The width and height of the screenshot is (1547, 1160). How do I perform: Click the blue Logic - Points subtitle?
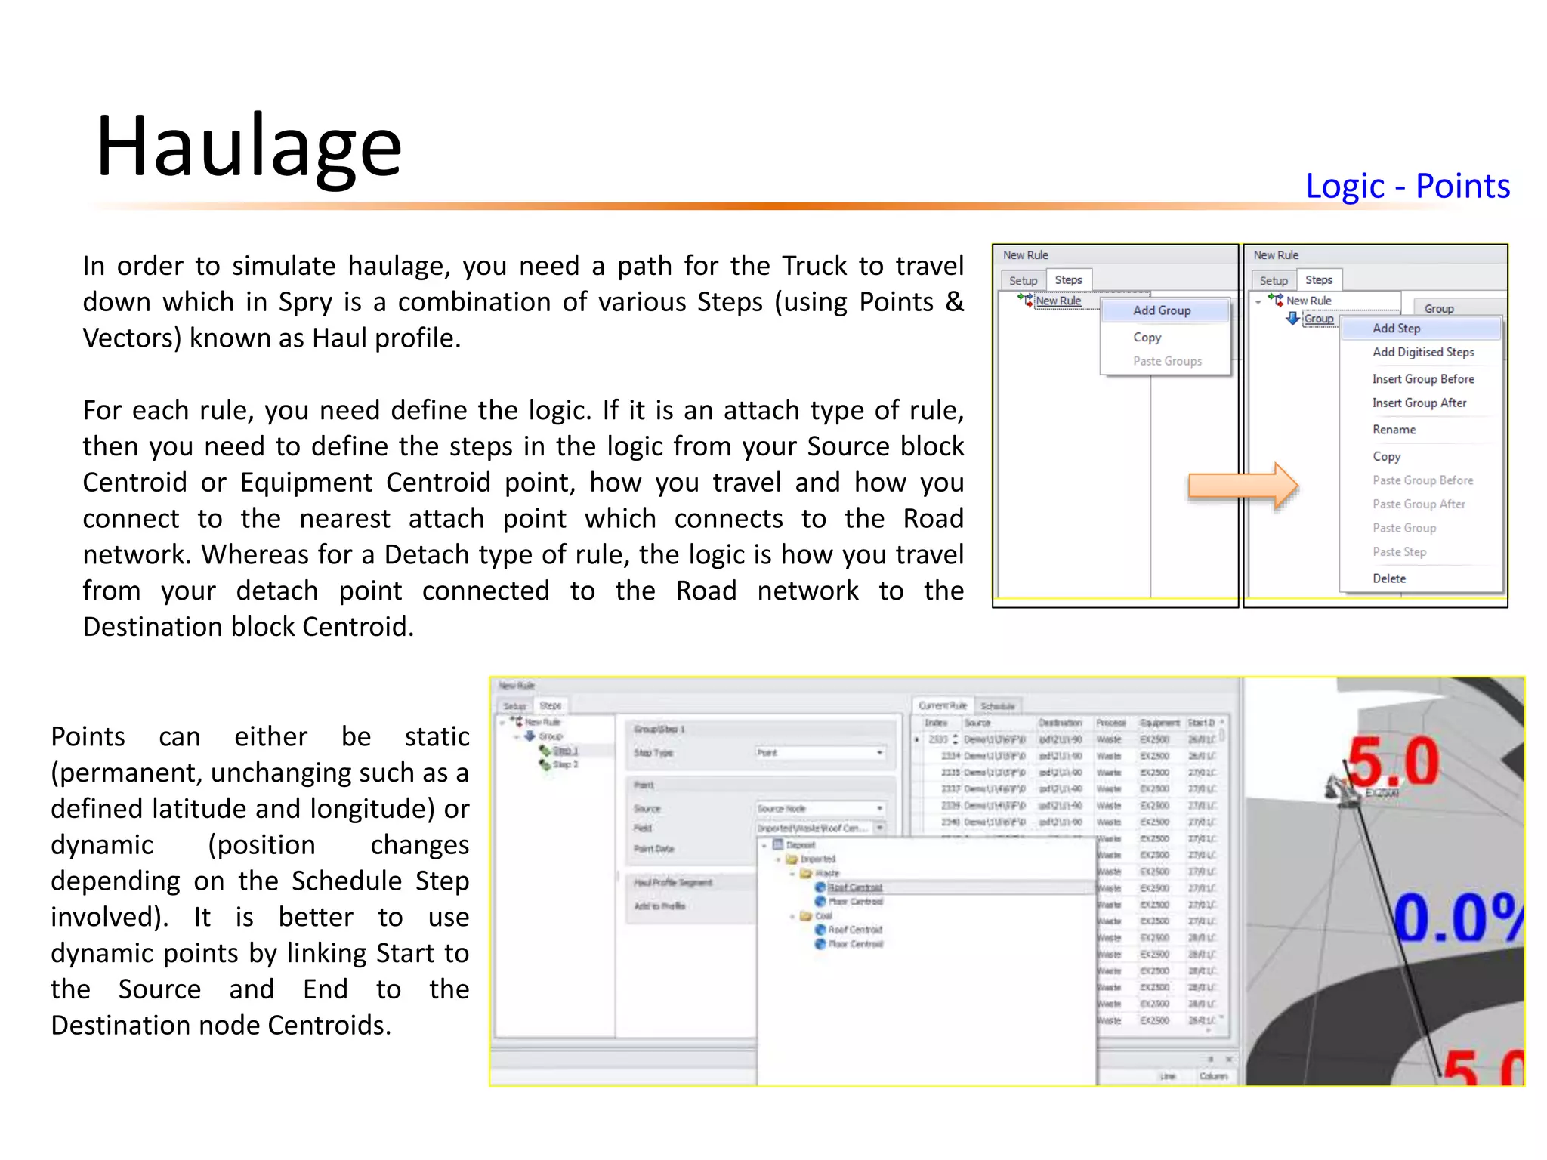tap(1407, 186)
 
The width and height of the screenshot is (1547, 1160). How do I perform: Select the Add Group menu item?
tap(1162, 310)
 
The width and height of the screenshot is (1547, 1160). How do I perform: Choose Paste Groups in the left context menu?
tap(1167, 361)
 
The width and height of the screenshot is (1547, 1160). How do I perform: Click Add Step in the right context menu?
tap(1396, 329)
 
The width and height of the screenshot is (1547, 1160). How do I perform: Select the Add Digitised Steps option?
tap(1423, 352)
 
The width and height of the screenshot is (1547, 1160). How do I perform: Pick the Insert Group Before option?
tap(1423, 379)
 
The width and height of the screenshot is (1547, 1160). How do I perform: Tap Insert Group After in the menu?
tap(1419, 403)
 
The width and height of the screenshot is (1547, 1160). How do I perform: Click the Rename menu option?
tap(1394, 430)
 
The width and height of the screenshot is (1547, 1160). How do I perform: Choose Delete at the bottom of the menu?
tap(1389, 578)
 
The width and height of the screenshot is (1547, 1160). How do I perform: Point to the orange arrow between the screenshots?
tap(1243, 486)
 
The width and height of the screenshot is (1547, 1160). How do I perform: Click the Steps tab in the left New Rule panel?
tap(1068, 280)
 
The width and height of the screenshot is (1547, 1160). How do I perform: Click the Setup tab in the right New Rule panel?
tap(1274, 281)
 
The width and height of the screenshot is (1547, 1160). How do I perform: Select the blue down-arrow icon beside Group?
tap(1293, 319)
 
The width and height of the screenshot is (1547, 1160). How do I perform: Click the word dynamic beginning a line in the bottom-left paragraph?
tap(102, 845)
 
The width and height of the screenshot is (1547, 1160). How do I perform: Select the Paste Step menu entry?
tap(1399, 552)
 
